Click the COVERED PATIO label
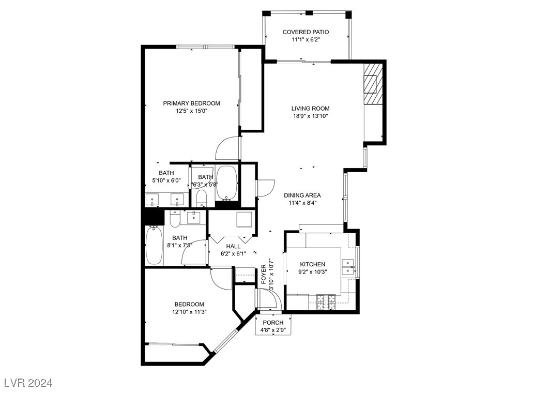pos(306,32)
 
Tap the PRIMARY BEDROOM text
pos(191,103)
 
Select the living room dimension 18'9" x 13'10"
pos(310,116)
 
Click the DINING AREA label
pos(302,195)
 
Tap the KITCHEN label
pos(313,264)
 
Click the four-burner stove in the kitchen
pos(326,302)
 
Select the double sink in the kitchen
pos(348,266)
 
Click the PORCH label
pos(273,323)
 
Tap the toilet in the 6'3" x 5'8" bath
pos(201,198)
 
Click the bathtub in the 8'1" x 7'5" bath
pos(154,246)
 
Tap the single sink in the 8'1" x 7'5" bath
pos(195,217)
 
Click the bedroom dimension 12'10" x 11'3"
pos(189,312)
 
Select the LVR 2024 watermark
pos(28,383)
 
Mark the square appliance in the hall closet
pos(244,219)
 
